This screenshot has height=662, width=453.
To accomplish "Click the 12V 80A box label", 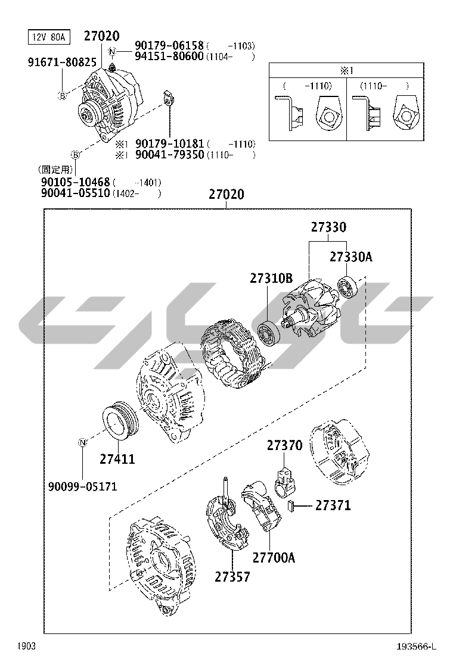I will [49, 37].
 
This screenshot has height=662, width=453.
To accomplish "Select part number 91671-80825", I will [62, 62].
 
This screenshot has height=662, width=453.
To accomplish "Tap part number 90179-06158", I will [169, 46].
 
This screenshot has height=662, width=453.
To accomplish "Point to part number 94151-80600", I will [169, 57].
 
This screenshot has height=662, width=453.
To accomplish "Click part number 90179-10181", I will [169, 144].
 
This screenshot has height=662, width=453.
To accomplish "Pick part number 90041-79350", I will [169, 155].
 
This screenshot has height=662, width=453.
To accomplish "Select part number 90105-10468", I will [75, 182].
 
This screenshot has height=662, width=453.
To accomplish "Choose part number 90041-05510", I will [75, 193].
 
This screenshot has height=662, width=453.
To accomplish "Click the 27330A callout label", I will [350, 257].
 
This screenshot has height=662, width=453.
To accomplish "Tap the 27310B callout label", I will [271, 278].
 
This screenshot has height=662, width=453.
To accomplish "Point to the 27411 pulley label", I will [117, 459].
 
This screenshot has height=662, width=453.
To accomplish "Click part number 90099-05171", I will [82, 487].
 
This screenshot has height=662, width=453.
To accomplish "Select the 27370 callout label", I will [284, 445].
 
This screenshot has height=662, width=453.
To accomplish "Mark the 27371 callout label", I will [333, 505].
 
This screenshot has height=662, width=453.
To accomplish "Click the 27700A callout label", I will [274, 557].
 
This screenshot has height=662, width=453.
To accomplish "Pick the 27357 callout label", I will [232, 576].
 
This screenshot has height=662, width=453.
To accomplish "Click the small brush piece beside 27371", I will [291, 506].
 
